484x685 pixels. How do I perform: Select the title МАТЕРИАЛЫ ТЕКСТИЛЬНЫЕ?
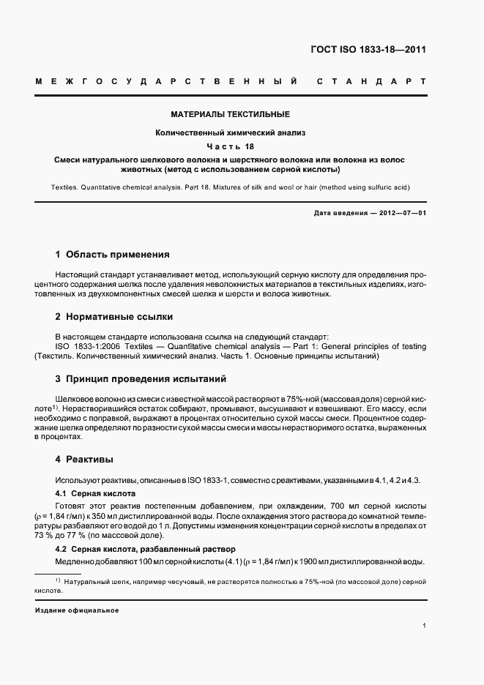pos(231,115)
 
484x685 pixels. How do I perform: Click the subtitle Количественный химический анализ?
pos(231,132)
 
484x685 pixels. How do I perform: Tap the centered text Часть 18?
pos(231,146)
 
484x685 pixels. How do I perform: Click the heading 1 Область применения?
pos(113,255)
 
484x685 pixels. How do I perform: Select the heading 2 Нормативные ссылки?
pos(114,317)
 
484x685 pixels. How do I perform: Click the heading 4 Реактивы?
pos(84,460)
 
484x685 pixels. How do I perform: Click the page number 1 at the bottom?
pos(425,626)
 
